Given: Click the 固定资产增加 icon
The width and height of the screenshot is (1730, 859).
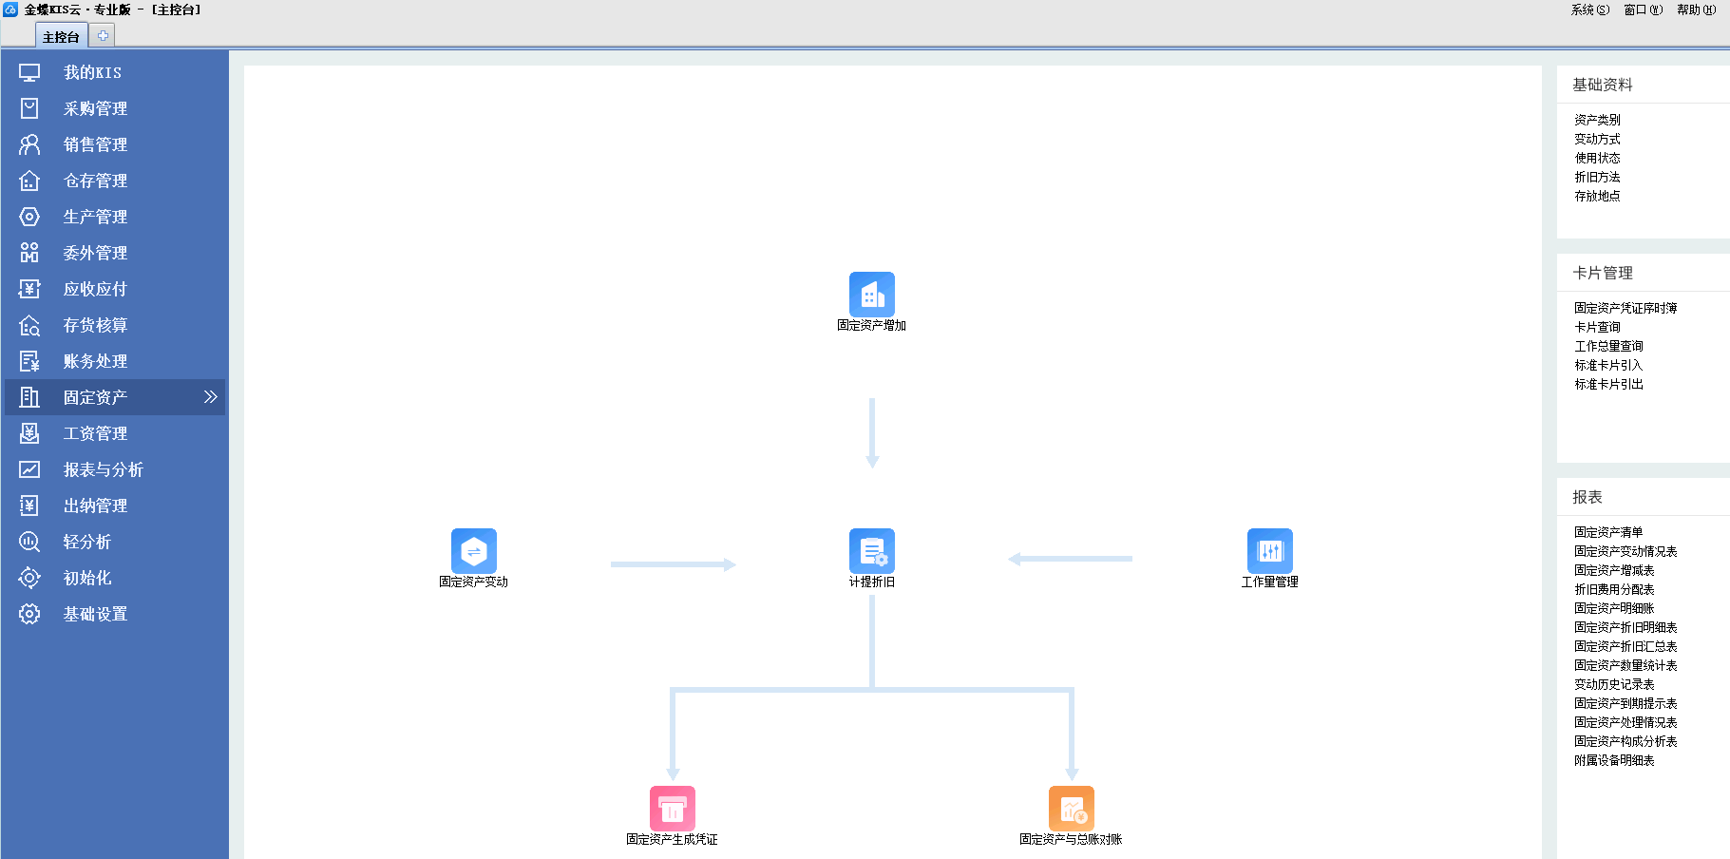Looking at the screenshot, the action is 871,295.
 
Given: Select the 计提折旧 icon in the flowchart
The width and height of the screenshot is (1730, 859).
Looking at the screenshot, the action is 871,551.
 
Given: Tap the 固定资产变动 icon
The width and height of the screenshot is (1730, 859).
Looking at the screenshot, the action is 473,551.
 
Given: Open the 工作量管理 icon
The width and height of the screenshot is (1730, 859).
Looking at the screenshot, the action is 1269,551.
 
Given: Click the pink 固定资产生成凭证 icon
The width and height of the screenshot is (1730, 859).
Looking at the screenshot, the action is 672,809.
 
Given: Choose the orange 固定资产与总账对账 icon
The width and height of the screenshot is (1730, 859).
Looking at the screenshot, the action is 1071,809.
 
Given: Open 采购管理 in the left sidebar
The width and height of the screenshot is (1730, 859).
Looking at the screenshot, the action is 95,108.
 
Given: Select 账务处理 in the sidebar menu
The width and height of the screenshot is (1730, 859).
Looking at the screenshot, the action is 95,361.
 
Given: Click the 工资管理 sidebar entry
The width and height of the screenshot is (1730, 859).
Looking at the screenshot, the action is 95,433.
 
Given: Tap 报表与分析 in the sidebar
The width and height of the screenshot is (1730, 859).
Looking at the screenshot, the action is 103,469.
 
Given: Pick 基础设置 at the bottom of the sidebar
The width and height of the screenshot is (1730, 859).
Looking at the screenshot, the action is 95,614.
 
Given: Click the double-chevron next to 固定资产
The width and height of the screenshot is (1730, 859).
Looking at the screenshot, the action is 211,397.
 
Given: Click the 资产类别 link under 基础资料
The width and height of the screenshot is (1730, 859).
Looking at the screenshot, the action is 1597,120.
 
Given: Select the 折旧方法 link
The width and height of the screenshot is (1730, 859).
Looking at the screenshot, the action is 1597,177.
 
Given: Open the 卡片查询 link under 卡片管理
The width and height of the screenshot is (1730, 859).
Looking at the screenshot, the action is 1597,327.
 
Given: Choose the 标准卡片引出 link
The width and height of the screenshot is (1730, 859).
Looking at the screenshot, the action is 1608,384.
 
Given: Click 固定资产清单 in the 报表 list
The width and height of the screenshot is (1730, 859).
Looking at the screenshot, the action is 1608,532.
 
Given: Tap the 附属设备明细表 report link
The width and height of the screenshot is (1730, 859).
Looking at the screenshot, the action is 1614,760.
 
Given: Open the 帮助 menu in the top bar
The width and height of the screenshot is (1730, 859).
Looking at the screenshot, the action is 1696,10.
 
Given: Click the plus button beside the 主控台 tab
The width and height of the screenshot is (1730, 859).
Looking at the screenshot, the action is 103,35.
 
